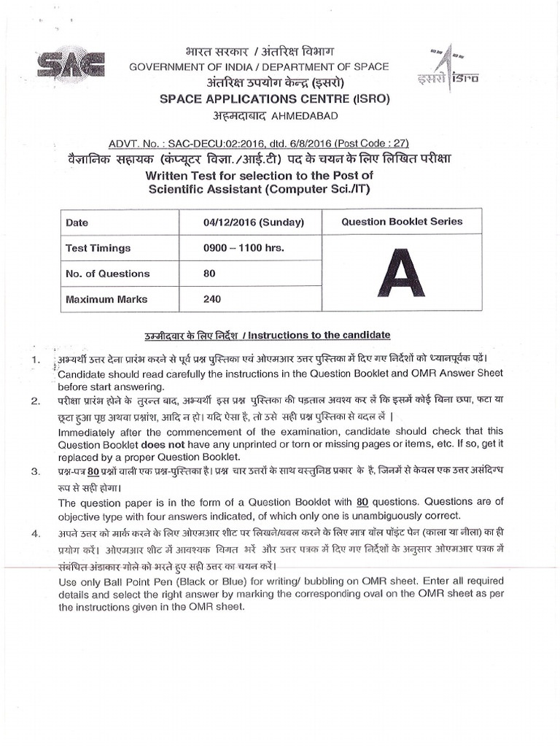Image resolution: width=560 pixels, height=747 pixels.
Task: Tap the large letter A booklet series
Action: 402,272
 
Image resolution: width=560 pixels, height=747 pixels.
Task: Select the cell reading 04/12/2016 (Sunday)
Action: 254,222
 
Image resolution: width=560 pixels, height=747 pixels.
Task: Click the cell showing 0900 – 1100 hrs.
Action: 244,248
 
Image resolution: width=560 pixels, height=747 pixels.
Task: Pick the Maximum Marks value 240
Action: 214,299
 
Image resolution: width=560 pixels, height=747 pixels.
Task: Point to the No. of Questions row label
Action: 107,274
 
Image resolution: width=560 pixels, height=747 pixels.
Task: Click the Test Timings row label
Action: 98,248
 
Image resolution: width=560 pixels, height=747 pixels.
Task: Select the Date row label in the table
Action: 77,222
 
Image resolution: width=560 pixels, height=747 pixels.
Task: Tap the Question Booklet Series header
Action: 402,222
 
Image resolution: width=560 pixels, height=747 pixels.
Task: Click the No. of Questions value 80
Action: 210,274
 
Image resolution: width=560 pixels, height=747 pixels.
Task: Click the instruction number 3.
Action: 35,472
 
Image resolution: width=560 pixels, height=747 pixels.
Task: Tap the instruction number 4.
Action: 35,533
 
